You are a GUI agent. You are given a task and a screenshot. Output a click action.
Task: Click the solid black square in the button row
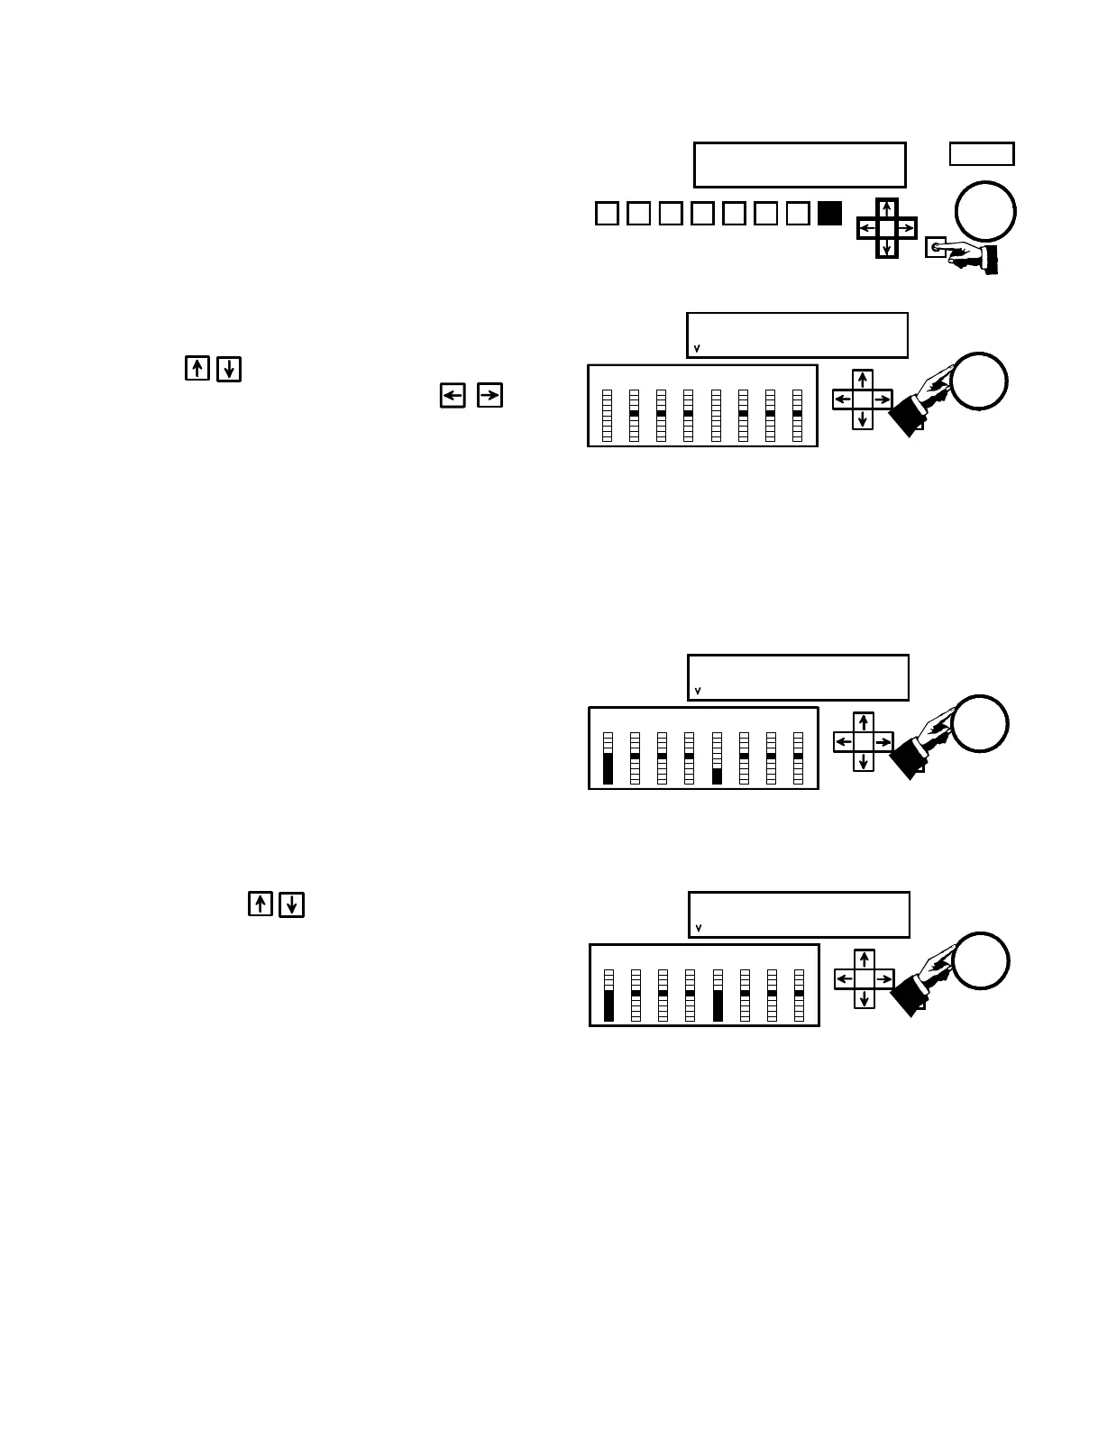(829, 213)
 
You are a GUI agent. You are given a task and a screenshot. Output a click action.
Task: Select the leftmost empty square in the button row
(607, 214)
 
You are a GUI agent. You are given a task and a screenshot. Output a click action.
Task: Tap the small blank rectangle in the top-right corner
(982, 154)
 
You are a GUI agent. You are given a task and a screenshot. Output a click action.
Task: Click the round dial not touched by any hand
(986, 212)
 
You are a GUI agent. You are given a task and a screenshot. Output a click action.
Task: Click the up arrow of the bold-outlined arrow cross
(887, 210)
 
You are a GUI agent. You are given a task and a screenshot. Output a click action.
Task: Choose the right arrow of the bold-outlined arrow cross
(906, 229)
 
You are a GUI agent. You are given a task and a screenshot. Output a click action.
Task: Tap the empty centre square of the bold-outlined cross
(887, 229)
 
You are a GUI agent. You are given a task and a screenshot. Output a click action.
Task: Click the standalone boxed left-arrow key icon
(453, 395)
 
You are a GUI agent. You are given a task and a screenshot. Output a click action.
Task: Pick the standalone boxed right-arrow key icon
(490, 395)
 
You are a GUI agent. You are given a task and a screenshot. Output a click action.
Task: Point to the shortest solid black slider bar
(718, 776)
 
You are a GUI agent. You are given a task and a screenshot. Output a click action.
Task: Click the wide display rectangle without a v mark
(800, 164)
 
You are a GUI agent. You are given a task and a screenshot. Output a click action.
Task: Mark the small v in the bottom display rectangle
(699, 928)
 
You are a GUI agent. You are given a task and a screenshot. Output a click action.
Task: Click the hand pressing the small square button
(969, 256)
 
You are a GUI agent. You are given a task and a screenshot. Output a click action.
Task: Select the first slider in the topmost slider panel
(607, 415)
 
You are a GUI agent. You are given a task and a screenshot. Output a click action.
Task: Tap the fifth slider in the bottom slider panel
(718, 996)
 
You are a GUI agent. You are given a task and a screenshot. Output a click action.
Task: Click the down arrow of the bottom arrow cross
(865, 998)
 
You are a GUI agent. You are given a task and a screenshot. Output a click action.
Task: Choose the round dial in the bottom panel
(982, 960)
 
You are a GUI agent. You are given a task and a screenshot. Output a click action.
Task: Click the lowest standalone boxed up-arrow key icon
(260, 904)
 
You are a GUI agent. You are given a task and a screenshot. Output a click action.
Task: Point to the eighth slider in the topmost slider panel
(797, 415)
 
